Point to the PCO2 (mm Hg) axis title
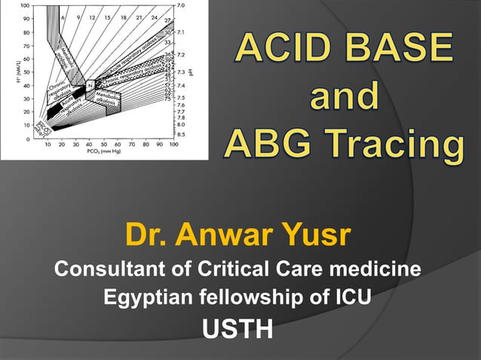click(103, 152)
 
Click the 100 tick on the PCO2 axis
click(173, 143)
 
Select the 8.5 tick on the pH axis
click(181, 133)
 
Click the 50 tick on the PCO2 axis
click(103, 143)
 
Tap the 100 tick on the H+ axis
click(24, 6)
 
